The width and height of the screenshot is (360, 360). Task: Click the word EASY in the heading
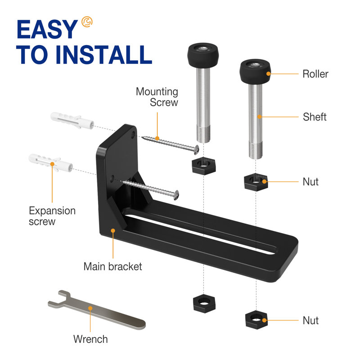click(x=47, y=29)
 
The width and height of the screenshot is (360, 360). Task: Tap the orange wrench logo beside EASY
click(x=87, y=22)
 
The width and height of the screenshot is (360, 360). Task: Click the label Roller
click(x=315, y=74)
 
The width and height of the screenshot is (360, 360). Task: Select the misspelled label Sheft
click(x=315, y=117)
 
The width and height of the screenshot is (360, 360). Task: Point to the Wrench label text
click(x=90, y=339)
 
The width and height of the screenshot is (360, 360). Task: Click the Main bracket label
click(x=113, y=266)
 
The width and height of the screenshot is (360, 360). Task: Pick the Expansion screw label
click(x=52, y=216)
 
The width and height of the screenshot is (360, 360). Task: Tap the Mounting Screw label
click(x=157, y=97)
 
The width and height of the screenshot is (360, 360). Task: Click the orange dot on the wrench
click(x=90, y=308)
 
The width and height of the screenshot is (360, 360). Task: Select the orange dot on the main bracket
click(x=113, y=230)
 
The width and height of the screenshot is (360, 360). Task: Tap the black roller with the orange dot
click(x=255, y=72)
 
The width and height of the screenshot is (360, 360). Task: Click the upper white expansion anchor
click(x=72, y=121)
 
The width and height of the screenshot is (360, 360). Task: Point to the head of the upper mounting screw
click(x=196, y=149)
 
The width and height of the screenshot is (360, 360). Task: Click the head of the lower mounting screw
click(x=176, y=195)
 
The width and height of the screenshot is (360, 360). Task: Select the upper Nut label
click(x=310, y=182)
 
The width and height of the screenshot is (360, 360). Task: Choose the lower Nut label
click(x=310, y=320)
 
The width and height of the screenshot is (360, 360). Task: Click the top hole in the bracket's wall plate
click(x=133, y=135)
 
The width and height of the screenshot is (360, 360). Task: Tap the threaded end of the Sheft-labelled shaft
click(x=256, y=150)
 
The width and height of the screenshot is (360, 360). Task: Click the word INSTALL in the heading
click(x=104, y=54)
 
